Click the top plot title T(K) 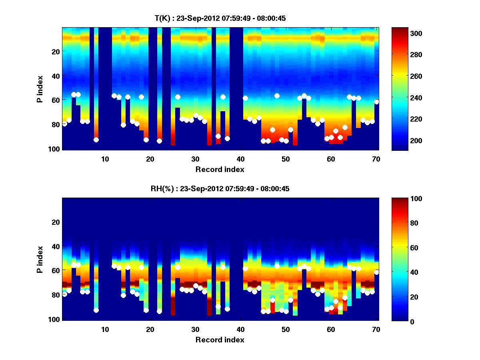(220, 18)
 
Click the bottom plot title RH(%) (220, 188)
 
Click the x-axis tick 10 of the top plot (105, 158)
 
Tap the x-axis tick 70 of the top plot (376, 158)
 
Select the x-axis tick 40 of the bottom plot (241, 329)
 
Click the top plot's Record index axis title (220, 169)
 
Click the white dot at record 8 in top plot (96, 140)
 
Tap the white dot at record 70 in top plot (376, 102)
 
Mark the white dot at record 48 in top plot (277, 96)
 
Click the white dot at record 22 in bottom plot (159, 311)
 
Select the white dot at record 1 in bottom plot (64, 294)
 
